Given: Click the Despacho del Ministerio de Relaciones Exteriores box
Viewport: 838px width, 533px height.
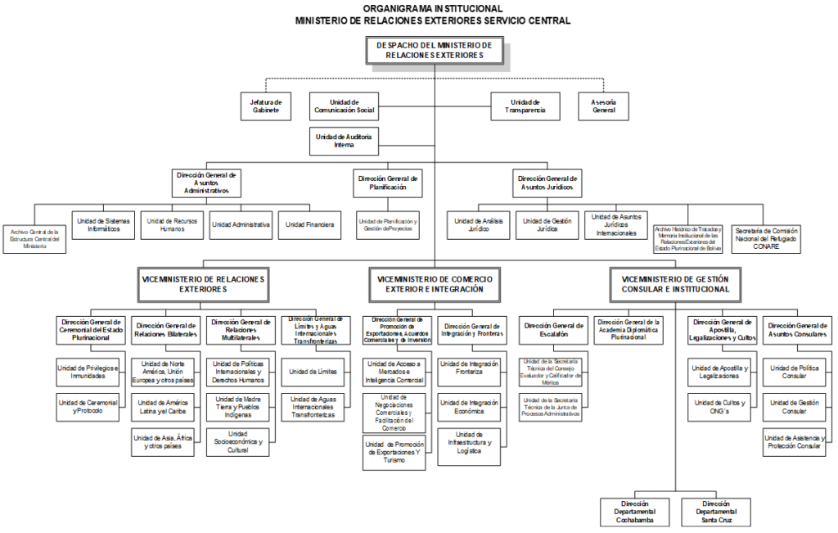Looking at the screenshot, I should [x=435, y=50].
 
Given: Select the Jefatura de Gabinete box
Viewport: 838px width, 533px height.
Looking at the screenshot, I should [x=266, y=106].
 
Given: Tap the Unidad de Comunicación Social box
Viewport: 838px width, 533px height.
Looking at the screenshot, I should [x=344, y=106].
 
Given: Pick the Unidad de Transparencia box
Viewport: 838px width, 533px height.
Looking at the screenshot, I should [x=525, y=106].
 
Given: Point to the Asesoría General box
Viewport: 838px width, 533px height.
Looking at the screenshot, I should [x=604, y=106].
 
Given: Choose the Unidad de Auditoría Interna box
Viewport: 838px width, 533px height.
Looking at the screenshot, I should [x=344, y=141].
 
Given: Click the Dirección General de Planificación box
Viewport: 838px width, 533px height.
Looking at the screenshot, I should [x=389, y=182].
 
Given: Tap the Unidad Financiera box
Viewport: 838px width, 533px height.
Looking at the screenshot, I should [x=310, y=224].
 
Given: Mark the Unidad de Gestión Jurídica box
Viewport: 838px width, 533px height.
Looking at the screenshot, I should [x=547, y=224].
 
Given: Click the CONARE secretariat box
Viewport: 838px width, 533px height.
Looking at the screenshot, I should [x=766, y=238].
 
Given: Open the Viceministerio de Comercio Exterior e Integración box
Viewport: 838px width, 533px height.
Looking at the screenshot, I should [x=435, y=284].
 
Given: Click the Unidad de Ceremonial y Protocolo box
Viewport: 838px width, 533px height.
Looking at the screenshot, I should [x=88, y=406].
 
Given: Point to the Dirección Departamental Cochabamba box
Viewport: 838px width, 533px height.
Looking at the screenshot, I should [x=635, y=511].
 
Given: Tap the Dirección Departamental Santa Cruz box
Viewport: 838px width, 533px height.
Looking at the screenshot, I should [x=715, y=511].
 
